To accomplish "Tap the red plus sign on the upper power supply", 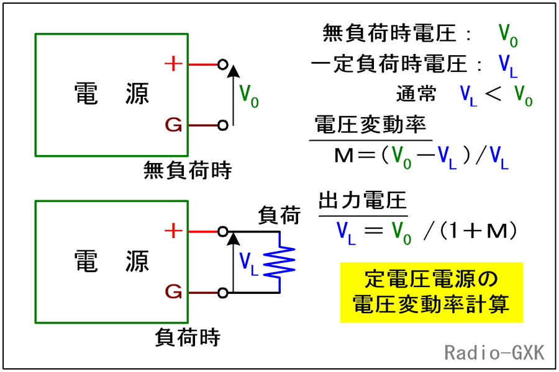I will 175,64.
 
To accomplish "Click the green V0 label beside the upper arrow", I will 249,95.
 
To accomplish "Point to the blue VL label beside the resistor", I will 249,263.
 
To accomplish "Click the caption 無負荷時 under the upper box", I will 187,170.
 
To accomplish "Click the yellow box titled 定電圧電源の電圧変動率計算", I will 431,291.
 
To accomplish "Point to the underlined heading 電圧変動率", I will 370,126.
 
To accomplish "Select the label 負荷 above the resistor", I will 279,215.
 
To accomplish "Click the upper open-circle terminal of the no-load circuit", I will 223,64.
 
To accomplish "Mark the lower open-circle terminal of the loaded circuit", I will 223,292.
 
